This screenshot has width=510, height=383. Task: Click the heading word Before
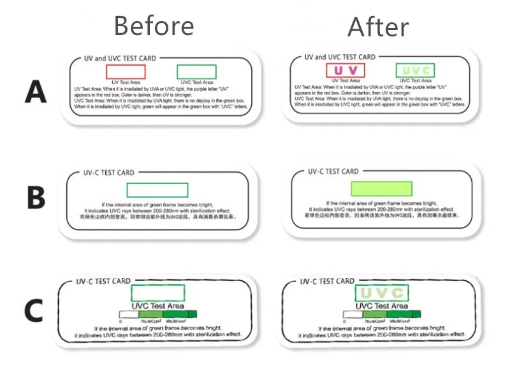point(154,26)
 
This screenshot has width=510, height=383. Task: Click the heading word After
point(378,27)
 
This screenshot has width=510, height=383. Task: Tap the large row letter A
point(36,93)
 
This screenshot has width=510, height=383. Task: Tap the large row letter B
point(36,198)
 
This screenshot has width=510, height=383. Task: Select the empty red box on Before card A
point(126,71)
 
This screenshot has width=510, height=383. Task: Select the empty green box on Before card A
point(196,71)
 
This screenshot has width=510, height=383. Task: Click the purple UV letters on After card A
point(345,70)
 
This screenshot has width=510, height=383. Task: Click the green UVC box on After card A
point(415,70)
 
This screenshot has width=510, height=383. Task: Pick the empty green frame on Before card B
point(157,190)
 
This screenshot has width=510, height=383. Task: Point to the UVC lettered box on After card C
point(381,293)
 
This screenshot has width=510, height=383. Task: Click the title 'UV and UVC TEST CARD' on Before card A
point(120,59)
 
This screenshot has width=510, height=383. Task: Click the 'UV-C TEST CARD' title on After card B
point(333,171)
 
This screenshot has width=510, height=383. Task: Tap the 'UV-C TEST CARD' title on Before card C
point(103,281)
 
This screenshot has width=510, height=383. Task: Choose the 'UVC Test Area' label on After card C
point(381,307)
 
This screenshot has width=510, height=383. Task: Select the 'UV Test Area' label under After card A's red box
point(345,81)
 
